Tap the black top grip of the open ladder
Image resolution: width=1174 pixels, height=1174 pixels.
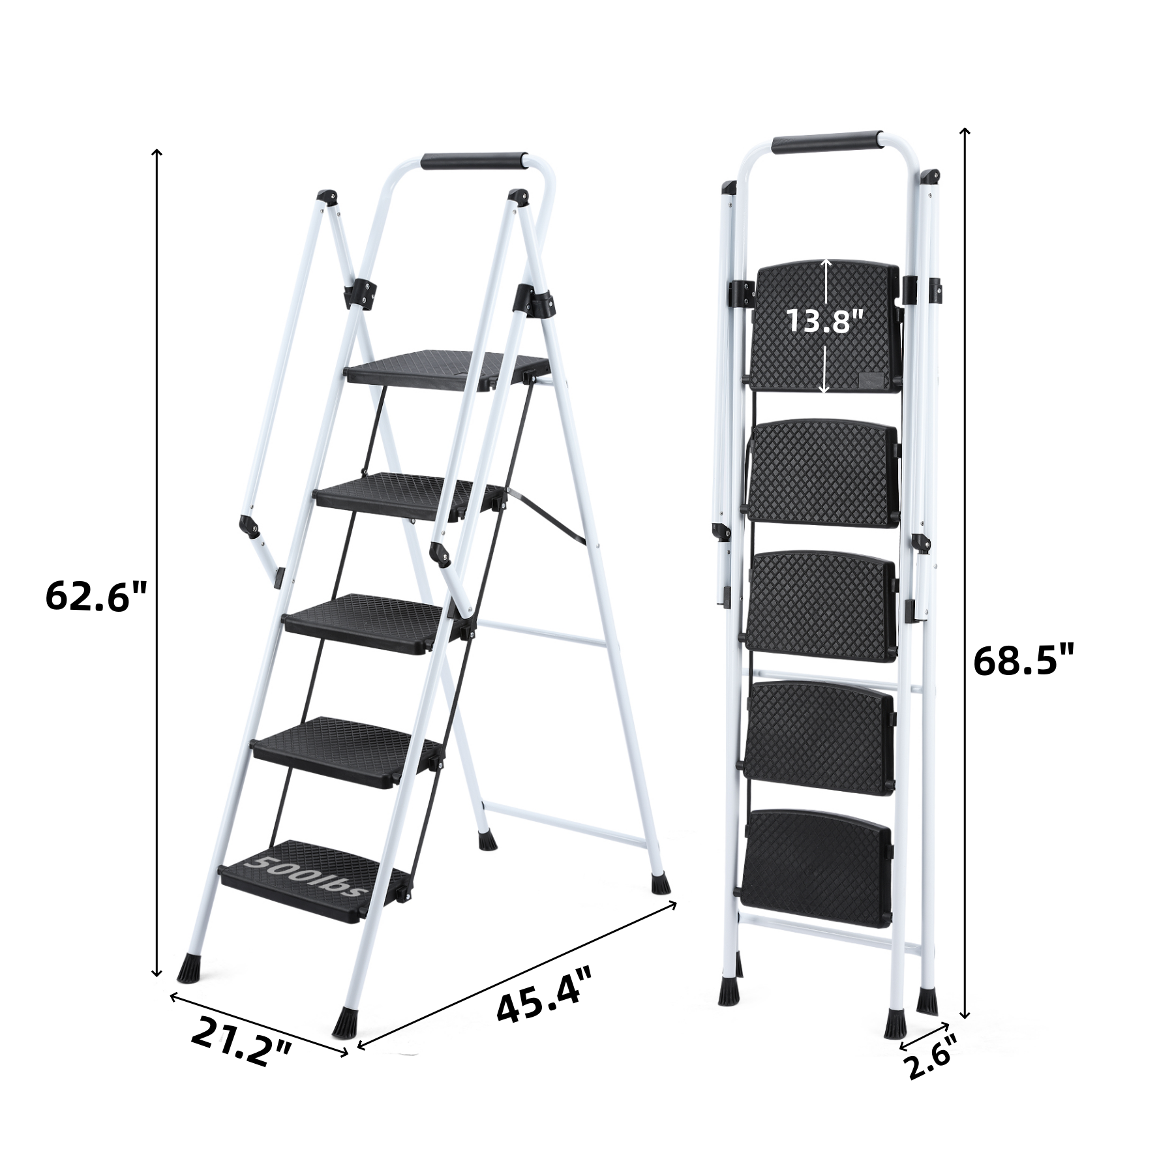pyautogui.click(x=473, y=162)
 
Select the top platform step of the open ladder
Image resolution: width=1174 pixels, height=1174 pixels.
pyautogui.click(x=447, y=371)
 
